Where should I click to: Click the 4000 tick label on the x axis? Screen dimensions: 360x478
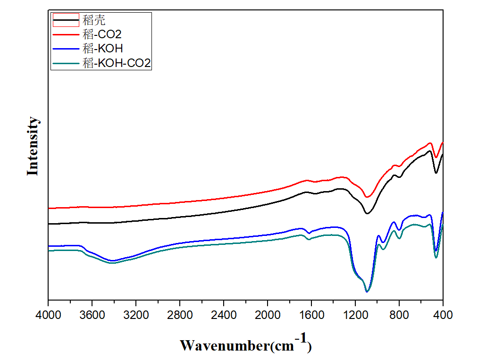48,313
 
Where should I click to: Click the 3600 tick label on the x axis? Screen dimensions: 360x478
92,313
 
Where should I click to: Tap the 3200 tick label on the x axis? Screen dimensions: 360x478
136,313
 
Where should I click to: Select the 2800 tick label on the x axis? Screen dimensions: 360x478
180,313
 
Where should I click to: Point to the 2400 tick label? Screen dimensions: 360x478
224,313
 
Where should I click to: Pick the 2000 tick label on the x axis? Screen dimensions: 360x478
268,313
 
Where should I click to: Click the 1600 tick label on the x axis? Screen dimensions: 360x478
311,313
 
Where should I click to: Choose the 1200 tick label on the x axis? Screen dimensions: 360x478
355,313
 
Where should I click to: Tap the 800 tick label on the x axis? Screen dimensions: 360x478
399,313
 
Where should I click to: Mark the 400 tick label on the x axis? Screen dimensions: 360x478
443,313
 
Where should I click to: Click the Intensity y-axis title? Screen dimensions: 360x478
33,146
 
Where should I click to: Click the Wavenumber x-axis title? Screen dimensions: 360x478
245,345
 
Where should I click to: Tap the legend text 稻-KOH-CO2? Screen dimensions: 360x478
117,63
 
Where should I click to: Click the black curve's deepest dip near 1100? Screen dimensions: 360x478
367,214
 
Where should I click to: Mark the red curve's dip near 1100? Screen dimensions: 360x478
367,197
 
